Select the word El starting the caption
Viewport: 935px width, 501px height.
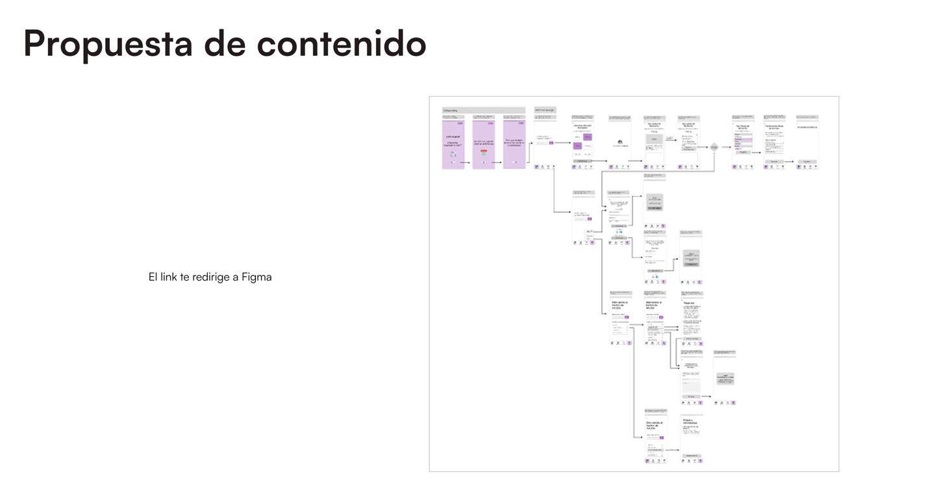153,277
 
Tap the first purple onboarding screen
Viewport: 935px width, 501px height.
453,144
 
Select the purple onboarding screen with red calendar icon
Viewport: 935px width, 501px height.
484,144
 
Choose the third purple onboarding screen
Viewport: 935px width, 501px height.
514,144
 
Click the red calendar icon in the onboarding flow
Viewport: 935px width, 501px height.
483,152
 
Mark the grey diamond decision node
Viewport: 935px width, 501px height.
714,148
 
